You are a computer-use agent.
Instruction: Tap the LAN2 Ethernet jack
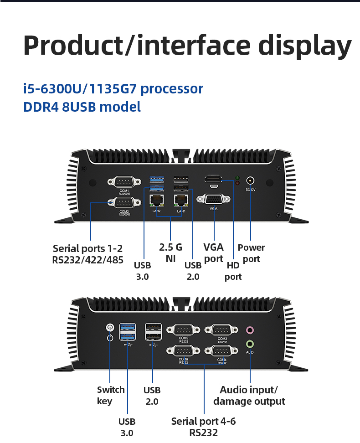point(156,201)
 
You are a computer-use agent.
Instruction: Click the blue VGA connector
point(213,199)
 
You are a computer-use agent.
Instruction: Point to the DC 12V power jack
point(250,180)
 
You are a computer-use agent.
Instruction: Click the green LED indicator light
point(237,177)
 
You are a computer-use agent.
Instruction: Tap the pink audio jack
point(250,330)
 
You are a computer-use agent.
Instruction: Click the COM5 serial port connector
point(184,330)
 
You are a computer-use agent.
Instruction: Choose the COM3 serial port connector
point(222,330)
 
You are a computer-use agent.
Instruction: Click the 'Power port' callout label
point(251,253)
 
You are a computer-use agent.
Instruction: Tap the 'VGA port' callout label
point(213,253)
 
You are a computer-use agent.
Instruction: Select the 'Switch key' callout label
point(110,395)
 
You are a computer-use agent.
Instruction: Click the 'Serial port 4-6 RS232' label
point(203,427)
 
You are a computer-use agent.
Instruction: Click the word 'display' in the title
point(305,46)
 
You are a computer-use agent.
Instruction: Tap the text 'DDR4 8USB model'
point(82,107)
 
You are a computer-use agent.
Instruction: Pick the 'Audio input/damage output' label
point(249,395)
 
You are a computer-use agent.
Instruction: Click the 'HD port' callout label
point(233,271)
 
